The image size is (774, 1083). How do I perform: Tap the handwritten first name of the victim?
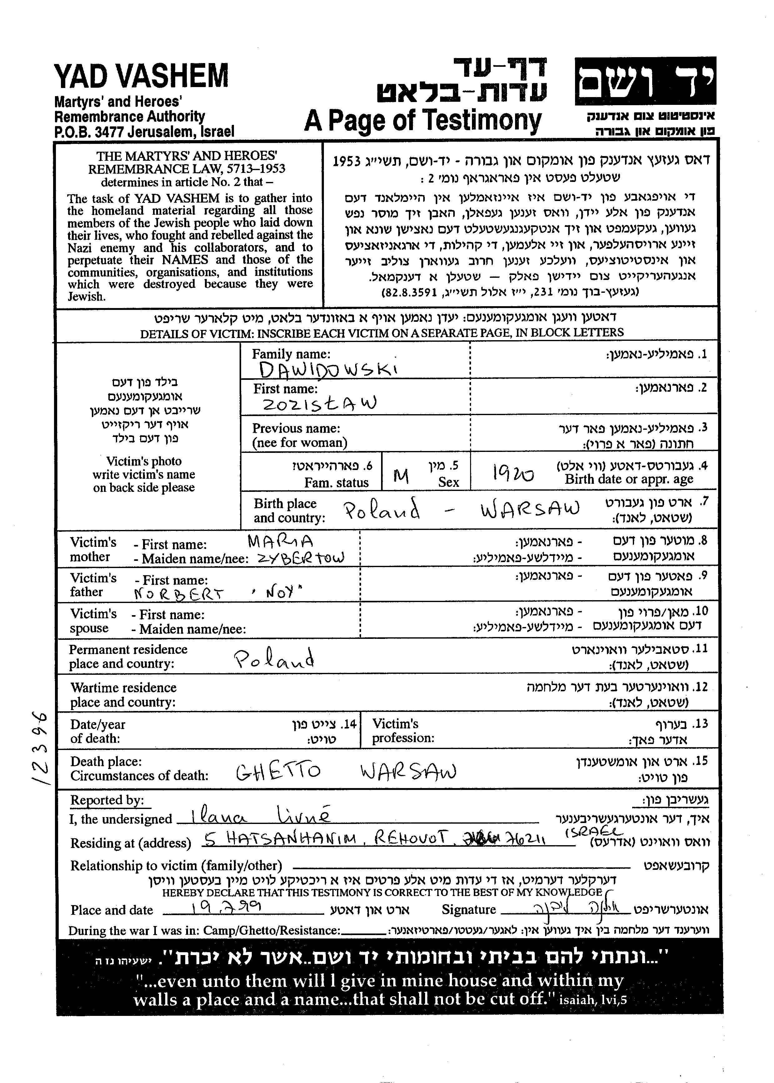(319, 404)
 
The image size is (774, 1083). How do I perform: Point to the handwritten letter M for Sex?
(401, 475)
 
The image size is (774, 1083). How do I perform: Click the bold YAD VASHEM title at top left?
(141, 76)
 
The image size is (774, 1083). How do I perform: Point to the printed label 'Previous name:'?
(296, 428)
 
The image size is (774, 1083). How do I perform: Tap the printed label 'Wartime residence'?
(123, 688)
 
